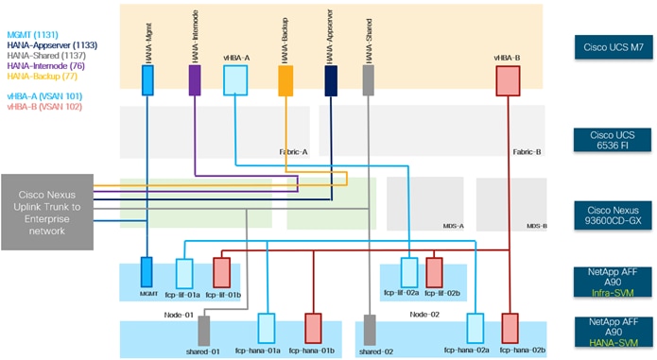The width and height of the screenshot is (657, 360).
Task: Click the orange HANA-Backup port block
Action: pyautogui.click(x=285, y=80)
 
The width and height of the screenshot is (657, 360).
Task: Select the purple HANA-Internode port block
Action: pyautogui.click(x=194, y=80)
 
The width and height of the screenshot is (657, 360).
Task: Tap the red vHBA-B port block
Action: pyautogui.click(x=510, y=80)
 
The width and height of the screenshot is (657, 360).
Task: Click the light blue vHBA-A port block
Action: pyautogui.click(x=234, y=80)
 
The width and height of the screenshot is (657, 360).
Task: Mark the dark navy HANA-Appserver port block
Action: pyautogui.click(x=331, y=80)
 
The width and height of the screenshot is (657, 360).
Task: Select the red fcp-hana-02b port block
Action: pyautogui.click(x=510, y=328)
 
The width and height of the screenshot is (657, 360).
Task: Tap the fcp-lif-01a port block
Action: pyautogui.click(x=185, y=273)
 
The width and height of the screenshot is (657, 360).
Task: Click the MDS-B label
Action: pyautogui.click(x=537, y=227)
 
